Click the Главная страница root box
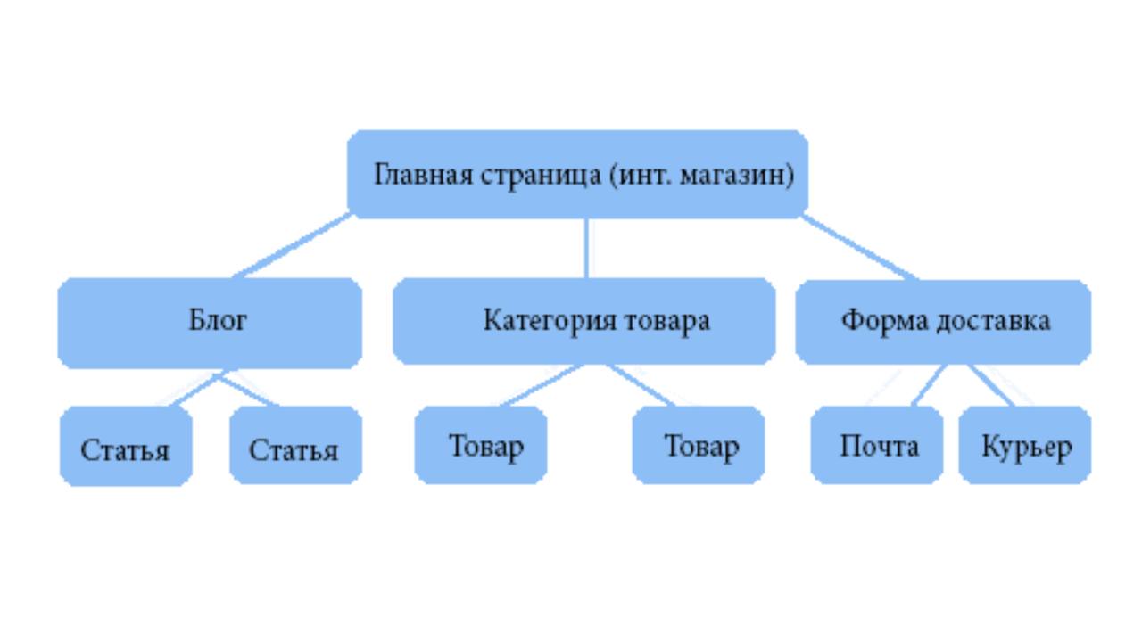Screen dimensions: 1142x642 pos(577,174)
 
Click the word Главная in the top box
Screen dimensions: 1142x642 pos(423,175)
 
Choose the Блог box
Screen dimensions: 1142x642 pos(210,323)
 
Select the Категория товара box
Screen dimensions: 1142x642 pos(584,321)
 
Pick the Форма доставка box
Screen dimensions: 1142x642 pos(943,322)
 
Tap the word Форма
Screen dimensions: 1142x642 pos(884,322)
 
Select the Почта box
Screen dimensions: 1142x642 pos(877,445)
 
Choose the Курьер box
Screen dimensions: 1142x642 pos(1025,445)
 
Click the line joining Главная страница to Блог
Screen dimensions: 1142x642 pos(292,246)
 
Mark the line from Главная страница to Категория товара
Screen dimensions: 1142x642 pos(587,249)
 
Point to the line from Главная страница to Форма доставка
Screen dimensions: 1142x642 pos(861,248)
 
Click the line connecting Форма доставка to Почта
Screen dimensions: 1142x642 pos(930,385)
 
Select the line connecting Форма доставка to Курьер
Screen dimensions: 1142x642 pos(990,385)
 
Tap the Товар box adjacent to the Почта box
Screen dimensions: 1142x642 pos(699,445)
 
